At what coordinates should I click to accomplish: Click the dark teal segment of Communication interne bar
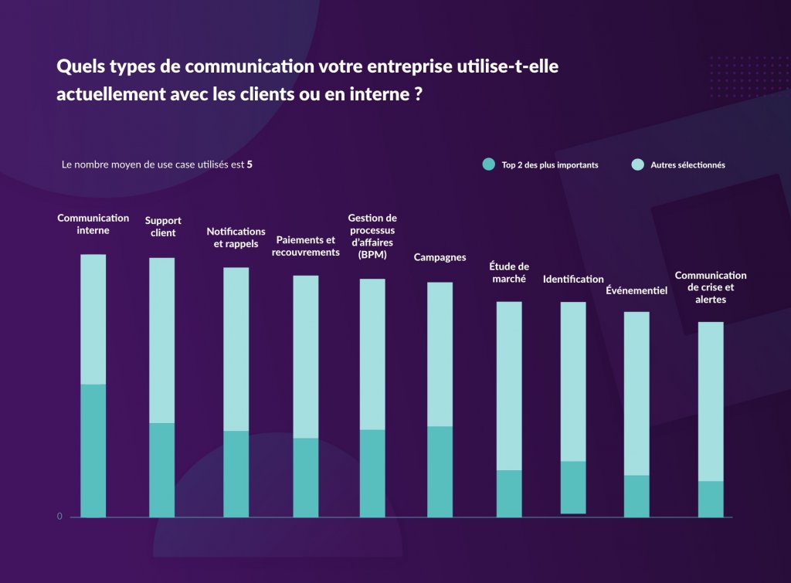click(x=93, y=450)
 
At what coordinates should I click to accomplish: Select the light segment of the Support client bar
click(x=162, y=340)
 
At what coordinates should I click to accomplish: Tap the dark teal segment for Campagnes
click(x=440, y=471)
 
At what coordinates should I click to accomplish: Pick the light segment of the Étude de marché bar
click(x=509, y=385)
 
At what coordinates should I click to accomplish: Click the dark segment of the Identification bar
click(x=573, y=487)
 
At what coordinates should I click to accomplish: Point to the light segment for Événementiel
click(x=637, y=393)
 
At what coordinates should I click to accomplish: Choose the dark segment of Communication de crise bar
click(x=711, y=499)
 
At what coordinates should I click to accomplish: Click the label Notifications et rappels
click(x=236, y=237)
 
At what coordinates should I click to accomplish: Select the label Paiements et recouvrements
click(x=306, y=246)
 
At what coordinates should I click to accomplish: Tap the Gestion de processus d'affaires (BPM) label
click(x=372, y=236)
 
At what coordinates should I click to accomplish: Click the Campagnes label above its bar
click(x=440, y=257)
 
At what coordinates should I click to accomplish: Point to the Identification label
click(x=573, y=279)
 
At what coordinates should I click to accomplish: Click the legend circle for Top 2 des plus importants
click(x=488, y=164)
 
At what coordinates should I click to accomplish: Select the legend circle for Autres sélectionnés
click(x=637, y=164)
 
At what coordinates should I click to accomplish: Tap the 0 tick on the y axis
click(x=59, y=517)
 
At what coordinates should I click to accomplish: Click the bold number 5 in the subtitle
click(x=250, y=164)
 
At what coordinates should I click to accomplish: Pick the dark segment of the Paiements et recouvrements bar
click(x=306, y=477)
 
